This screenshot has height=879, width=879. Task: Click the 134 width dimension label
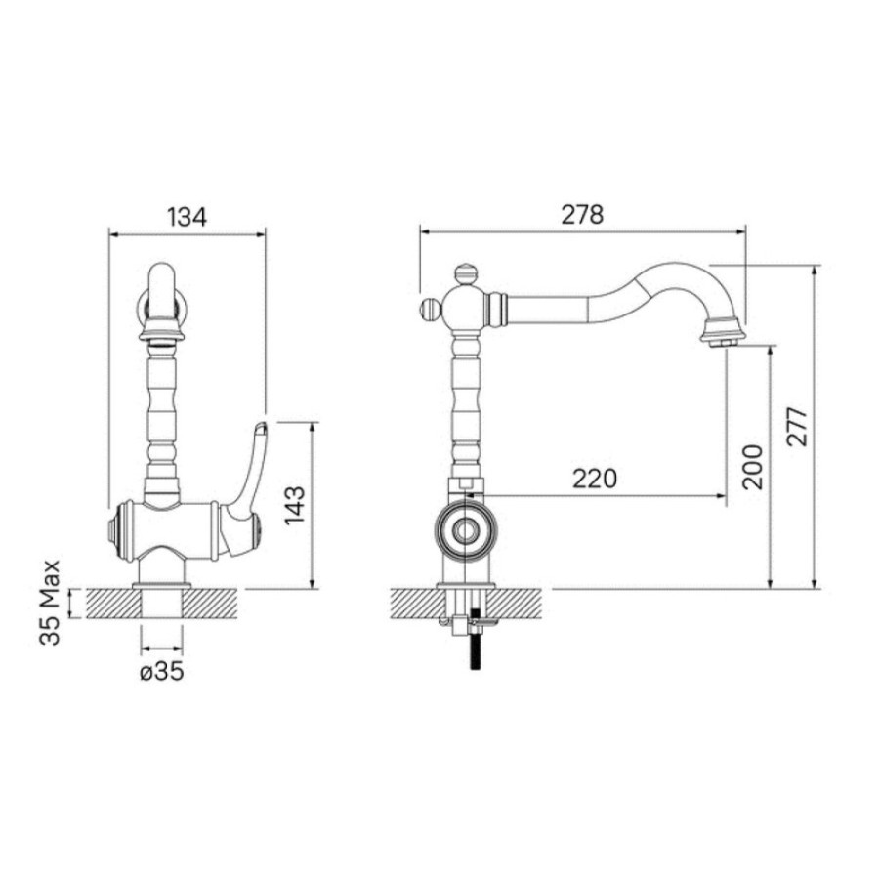188,217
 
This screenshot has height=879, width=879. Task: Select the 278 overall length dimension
582,215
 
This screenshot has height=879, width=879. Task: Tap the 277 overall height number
797,427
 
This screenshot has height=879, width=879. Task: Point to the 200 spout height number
752,467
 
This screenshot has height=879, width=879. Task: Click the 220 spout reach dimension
595,479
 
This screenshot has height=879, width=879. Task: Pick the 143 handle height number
295,505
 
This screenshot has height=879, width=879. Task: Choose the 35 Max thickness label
50,603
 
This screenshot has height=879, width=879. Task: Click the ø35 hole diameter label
162,671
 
